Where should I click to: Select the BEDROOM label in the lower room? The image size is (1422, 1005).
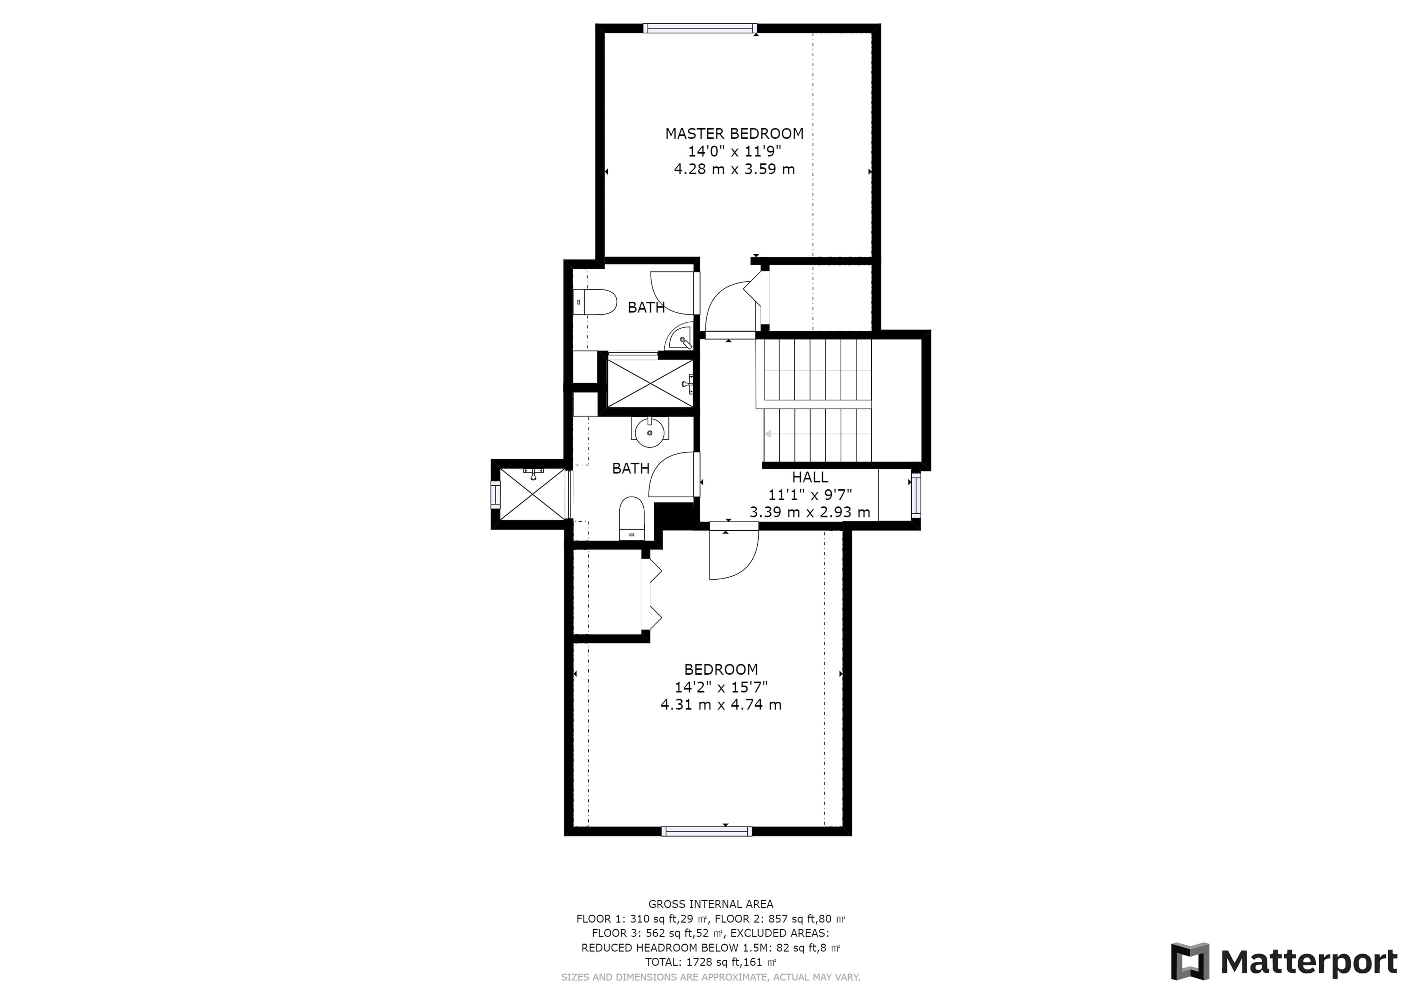pyautogui.click(x=721, y=669)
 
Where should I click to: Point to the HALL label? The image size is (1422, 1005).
pyautogui.click(x=810, y=478)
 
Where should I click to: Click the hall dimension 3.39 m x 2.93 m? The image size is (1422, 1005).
pyautogui.click(x=810, y=512)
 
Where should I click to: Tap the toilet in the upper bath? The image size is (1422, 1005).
pyautogui.click(x=595, y=302)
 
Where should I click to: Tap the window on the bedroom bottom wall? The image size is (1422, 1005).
pyautogui.click(x=707, y=831)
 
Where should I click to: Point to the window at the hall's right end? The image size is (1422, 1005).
pyautogui.click(x=916, y=495)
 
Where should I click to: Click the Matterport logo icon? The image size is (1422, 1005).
pyautogui.click(x=1190, y=962)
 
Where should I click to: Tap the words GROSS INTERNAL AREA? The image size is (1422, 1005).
pyautogui.click(x=710, y=904)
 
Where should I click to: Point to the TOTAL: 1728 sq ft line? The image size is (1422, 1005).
pyautogui.click(x=710, y=962)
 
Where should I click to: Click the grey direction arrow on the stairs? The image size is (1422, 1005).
pyautogui.click(x=768, y=434)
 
